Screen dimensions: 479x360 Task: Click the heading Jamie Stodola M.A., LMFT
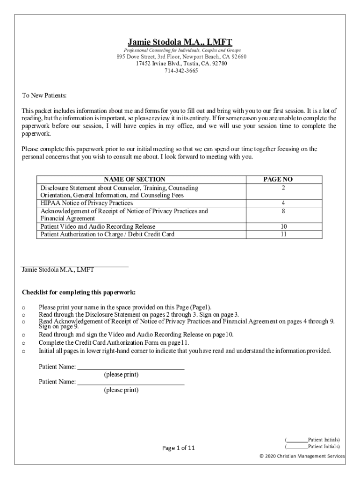(x=180, y=42)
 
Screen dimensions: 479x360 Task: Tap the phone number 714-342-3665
(x=181, y=71)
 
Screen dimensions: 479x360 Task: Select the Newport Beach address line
(x=181, y=57)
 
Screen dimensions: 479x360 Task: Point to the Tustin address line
(x=181, y=64)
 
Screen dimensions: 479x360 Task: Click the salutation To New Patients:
(x=44, y=95)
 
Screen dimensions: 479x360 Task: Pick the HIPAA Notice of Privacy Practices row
(x=86, y=203)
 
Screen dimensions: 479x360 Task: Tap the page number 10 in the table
(x=283, y=226)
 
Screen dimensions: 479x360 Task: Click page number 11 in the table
(x=283, y=234)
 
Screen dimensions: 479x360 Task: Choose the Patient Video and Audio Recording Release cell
(x=98, y=226)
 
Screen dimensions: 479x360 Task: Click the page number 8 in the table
(x=283, y=211)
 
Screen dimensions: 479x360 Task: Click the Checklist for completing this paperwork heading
(x=79, y=292)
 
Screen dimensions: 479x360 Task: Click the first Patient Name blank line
(x=130, y=369)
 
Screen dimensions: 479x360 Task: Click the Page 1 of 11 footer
(x=178, y=448)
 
